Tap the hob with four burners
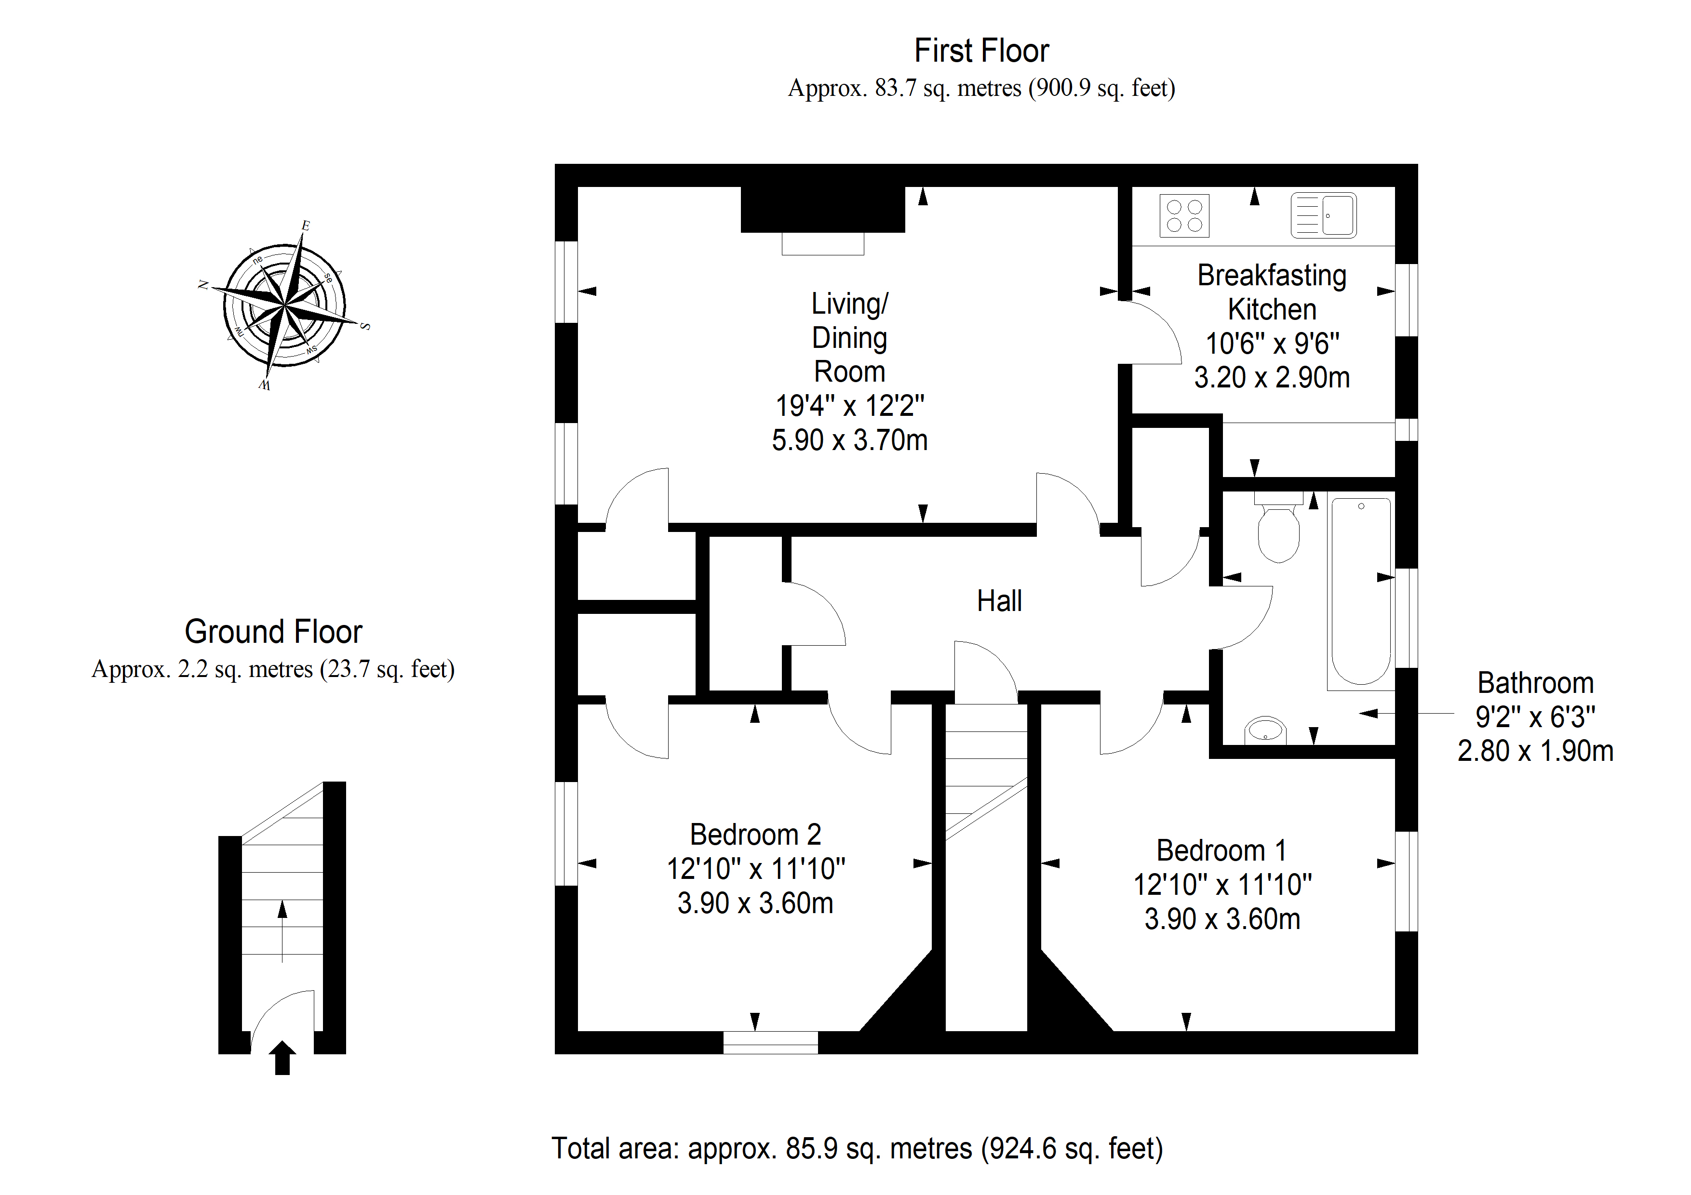click(1184, 216)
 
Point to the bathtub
click(1361, 591)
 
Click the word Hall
click(999, 601)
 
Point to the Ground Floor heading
click(273, 632)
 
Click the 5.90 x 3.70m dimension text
click(849, 440)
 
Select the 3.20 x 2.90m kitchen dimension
click(1272, 378)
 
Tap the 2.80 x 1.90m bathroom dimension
click(1536, 751)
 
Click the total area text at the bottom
click(857, 1149)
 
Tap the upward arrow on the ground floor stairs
click(282, 931)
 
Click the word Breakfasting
click(1272, 275)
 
